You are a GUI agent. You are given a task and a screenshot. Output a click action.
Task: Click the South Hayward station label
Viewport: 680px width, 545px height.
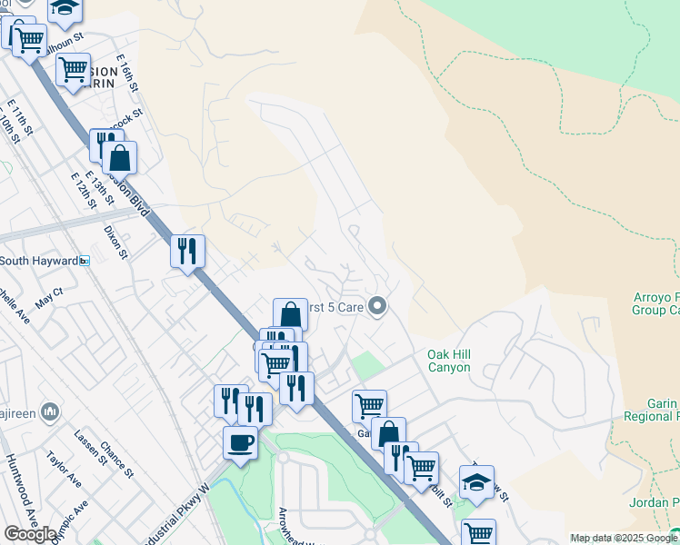[38, 261]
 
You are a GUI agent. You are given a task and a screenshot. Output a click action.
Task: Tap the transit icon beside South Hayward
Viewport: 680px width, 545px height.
[85, 261]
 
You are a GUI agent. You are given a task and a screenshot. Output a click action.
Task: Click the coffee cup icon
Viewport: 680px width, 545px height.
[240, 442]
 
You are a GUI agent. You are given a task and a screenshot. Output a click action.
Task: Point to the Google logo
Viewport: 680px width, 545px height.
[30, 534]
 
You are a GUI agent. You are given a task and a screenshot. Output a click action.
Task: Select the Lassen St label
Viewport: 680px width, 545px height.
[92, 449]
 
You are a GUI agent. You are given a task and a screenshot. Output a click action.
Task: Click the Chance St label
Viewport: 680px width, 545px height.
[118, 461]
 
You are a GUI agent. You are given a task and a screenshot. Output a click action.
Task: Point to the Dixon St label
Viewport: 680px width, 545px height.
[115, 241]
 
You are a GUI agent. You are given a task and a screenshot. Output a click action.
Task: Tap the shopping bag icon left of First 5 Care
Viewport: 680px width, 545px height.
[290, 314]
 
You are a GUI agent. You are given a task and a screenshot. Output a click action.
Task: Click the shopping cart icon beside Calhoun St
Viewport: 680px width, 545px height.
[28, 38]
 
